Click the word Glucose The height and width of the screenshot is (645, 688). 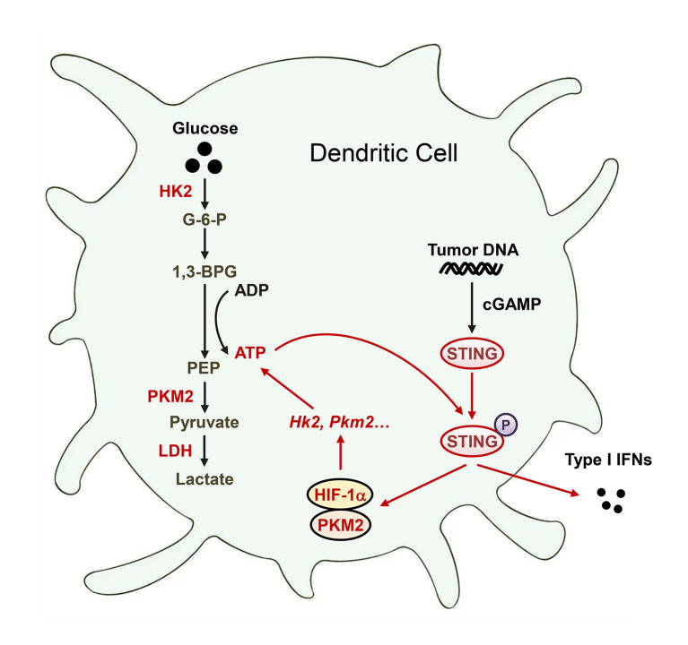pos(207,129)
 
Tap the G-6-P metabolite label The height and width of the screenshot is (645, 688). pos(207,217)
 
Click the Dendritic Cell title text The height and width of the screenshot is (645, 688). pos(384,153)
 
